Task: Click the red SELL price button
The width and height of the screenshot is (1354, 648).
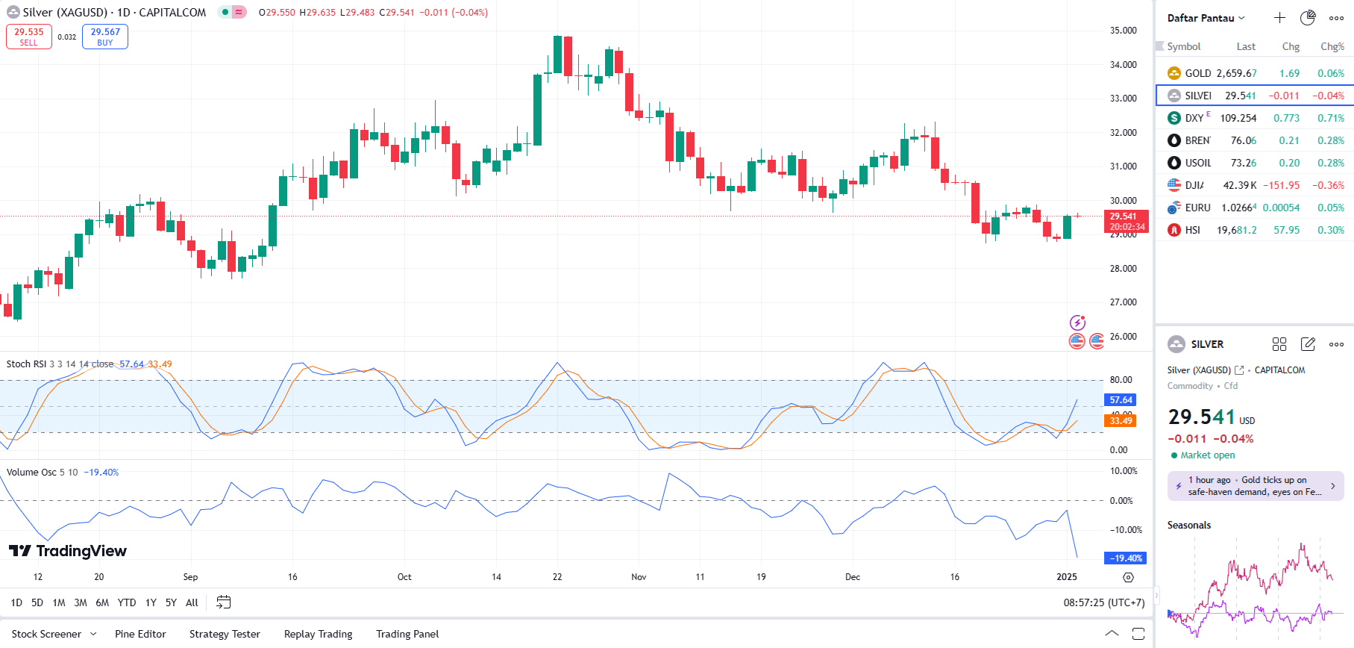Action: click(x=29, y=37)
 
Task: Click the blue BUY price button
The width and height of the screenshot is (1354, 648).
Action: click(x=105, y=37)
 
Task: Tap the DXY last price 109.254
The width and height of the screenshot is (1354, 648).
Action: click(x=1238, y=118)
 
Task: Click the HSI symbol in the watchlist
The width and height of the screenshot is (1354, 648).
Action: click(x=1192, y=230)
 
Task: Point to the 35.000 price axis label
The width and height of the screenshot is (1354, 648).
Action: click(x=1123, y=31)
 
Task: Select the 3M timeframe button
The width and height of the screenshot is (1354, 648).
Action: click(x=81, y=602)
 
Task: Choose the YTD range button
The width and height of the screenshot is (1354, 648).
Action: click(x=127, y=602)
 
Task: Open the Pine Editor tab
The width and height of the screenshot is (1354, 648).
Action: click(x=140, y=634)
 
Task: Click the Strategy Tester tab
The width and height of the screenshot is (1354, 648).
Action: click(x=225, y=634)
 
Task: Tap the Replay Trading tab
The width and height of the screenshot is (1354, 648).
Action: click(x=318, y=634)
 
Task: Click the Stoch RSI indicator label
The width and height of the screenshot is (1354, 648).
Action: click(x=27, y=364)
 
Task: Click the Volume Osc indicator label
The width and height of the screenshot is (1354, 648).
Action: click(x=31, y=473)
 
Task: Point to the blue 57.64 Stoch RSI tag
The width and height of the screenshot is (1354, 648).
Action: click(x=1121, y=400)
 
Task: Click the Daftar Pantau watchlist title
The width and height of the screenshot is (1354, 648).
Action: click(x=1201, y=18)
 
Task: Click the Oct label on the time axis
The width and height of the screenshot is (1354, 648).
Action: click(x=404, y=577)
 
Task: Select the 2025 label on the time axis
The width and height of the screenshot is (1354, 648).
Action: click(x=1067, y=577)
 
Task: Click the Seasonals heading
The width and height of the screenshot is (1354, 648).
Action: click(x=1189, y=526)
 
